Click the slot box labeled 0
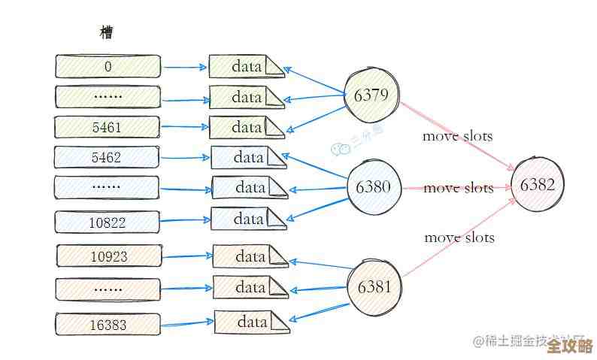tap(108, 66)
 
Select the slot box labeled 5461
tap(107, 127)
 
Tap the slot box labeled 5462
tap(107, 158)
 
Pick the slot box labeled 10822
tap(107, 222)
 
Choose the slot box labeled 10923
tap(108, 256)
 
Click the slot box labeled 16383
tap(108, 325)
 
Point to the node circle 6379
tap(371, 95)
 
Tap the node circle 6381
tap(375, 286)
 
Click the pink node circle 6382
tap(537, 185)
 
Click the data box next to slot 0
tap(246, 66)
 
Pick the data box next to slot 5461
tap(246, 127)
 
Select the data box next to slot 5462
tap(248, 158)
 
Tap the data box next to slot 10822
tap(248, 219)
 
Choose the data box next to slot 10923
tap(250, 256)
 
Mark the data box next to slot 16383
tap(252, 322)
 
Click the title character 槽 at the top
tap(107, 32)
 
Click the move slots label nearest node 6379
tap(457, 136)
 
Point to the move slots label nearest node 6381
tap(459, 237)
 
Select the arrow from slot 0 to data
tap(184, 67)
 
